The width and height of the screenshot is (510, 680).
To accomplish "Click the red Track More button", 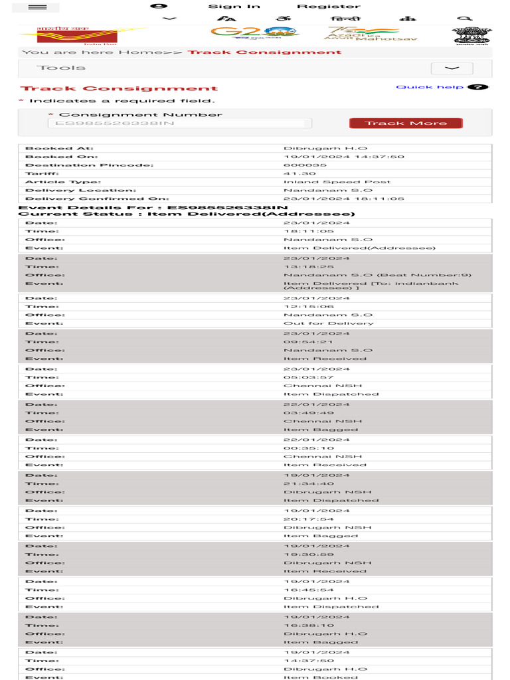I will [x=406, y=123].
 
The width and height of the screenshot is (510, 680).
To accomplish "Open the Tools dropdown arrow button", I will [x=452, y=68].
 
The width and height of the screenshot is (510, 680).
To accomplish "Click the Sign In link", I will [x=234, y=7].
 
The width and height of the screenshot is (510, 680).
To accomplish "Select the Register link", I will [x=328, y=7].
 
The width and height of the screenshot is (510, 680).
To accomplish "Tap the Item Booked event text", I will [x=311, y=677].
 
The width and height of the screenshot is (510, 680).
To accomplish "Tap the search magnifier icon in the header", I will [x=466, y=19].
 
